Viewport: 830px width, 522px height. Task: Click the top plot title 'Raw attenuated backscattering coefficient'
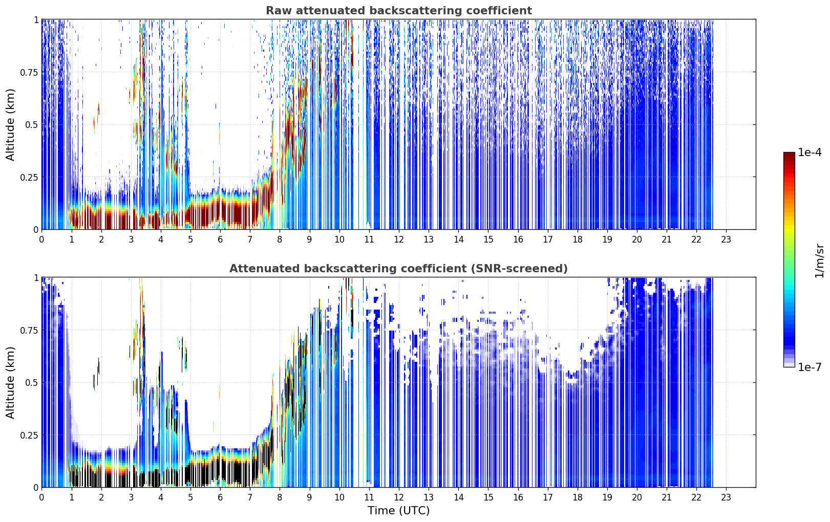399,10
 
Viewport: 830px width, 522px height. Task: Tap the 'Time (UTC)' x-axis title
399,511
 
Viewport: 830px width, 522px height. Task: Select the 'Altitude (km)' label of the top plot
10,124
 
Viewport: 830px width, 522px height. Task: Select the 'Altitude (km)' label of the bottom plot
10,382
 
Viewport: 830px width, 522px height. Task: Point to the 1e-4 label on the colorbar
810,152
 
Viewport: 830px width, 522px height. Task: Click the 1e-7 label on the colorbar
810,367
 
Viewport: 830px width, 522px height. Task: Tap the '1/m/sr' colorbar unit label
819,260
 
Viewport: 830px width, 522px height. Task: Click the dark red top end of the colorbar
789,154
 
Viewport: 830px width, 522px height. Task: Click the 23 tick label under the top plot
726,240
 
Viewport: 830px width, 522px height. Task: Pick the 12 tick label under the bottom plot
399,497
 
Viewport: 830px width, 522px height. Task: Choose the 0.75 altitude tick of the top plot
28,72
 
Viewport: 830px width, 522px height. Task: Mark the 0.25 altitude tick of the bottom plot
28,435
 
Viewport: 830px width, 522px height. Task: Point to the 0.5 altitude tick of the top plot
31,125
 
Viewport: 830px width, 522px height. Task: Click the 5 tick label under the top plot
190,240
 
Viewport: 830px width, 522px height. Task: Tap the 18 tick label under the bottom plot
577,497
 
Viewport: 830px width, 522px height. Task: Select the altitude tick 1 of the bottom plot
36,278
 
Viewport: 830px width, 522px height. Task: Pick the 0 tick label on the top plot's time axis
41,240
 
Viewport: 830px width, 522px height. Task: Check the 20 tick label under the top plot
637,240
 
